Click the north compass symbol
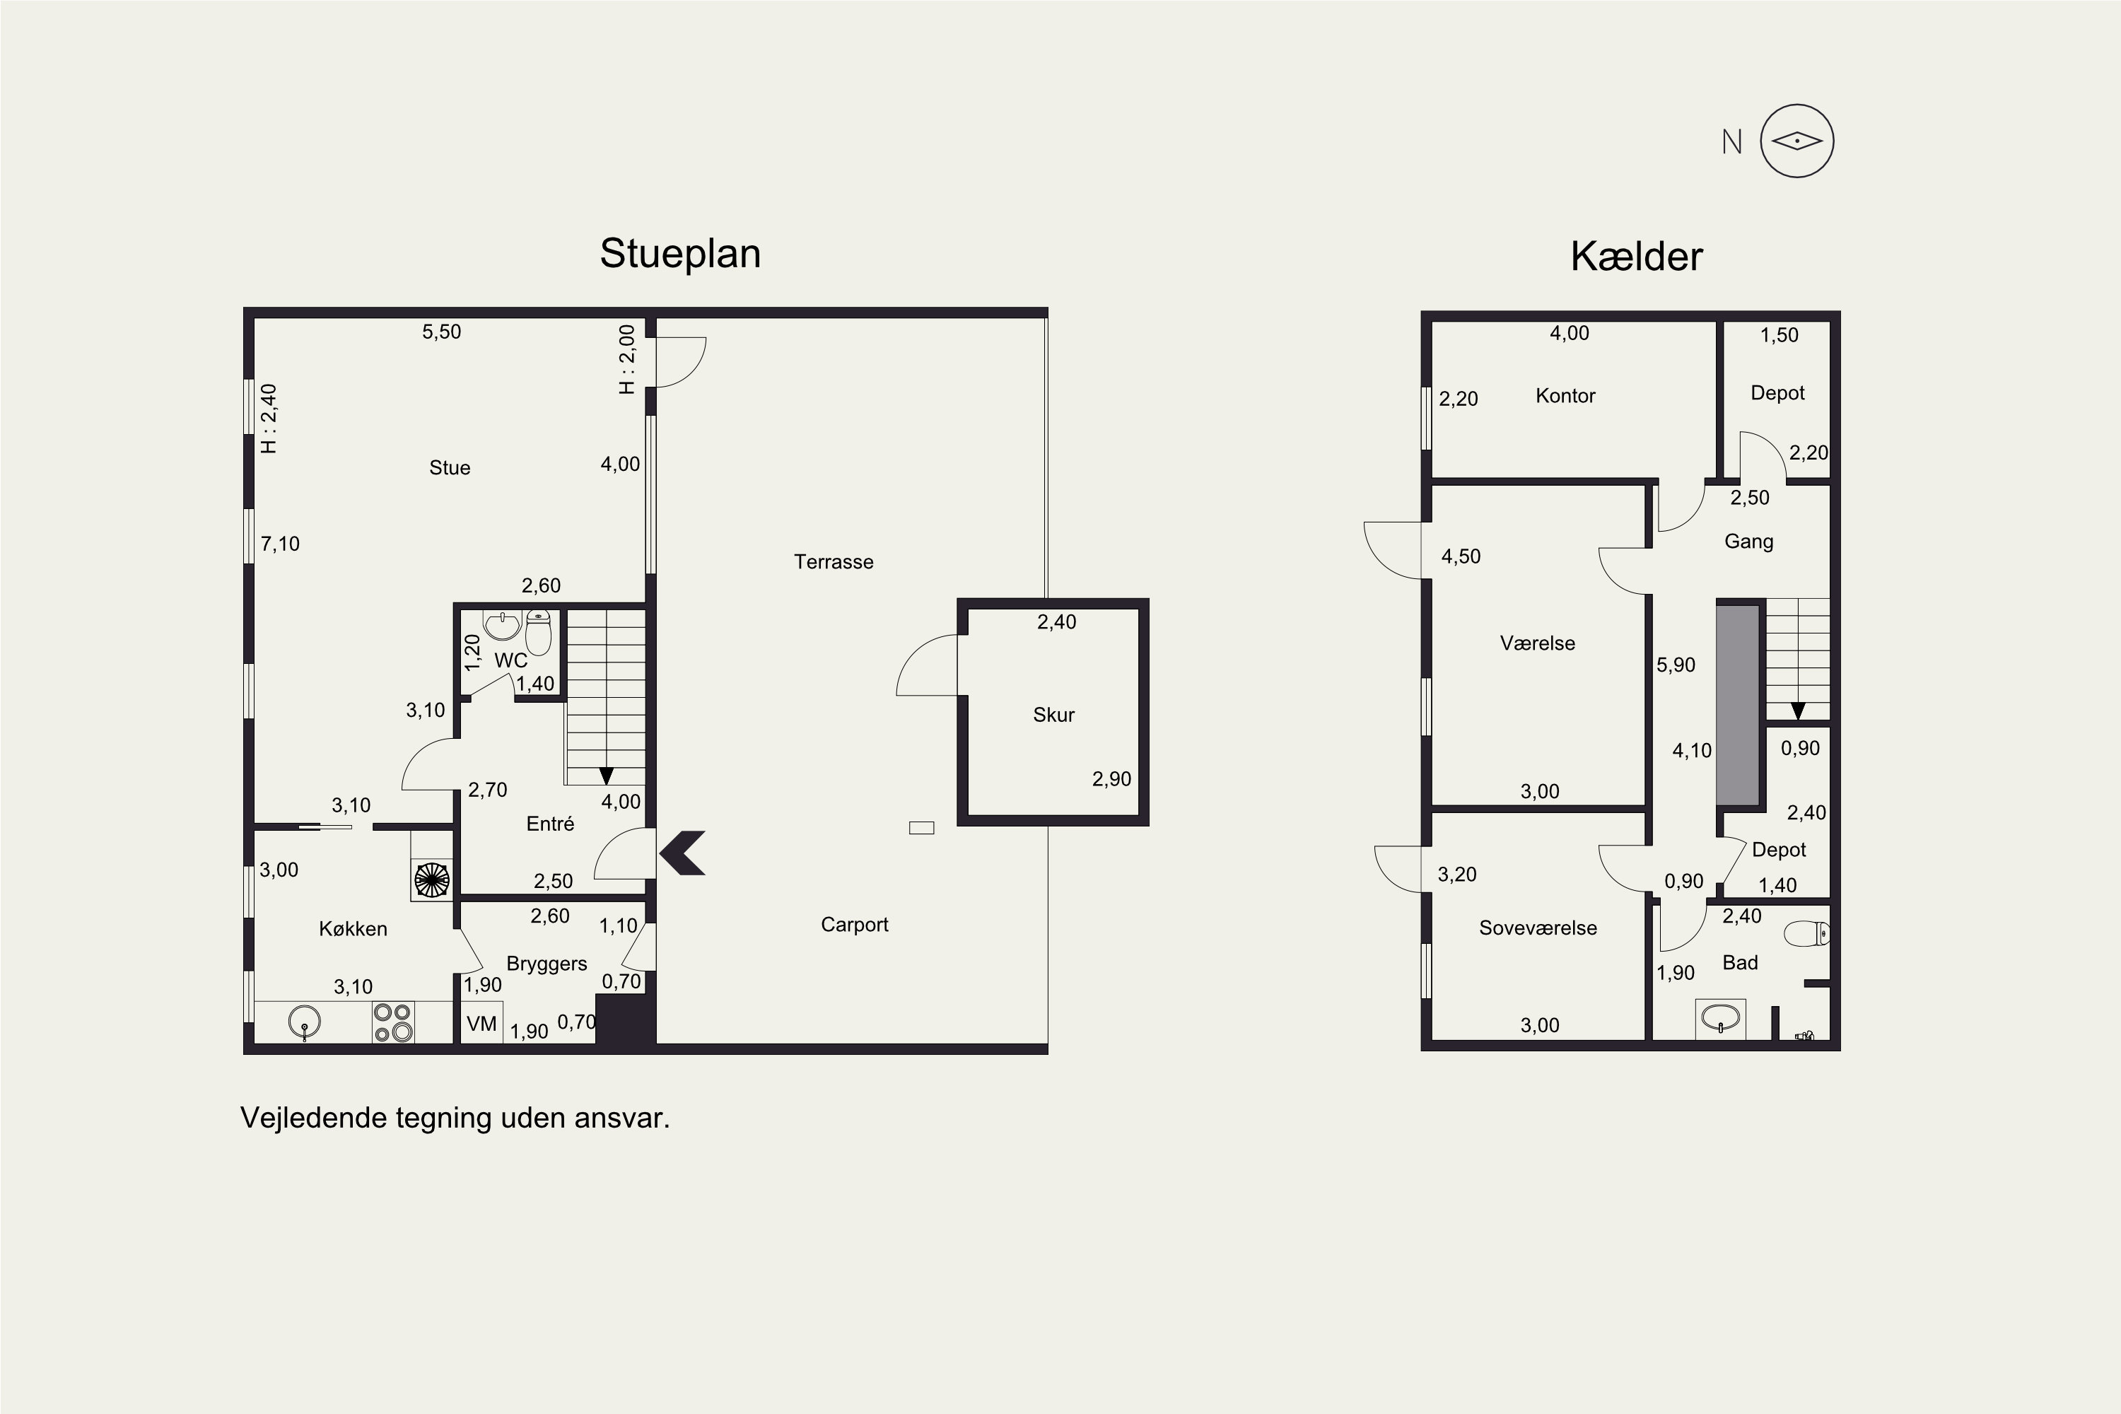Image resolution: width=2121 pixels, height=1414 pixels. [x=1796, y=141]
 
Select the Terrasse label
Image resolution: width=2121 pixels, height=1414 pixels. [x=834, y=562]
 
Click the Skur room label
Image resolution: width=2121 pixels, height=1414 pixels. [x=1053, y=715]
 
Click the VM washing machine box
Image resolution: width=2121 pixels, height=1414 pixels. [x=481, y=1022]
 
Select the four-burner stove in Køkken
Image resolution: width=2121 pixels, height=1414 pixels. [x=393, y=1022]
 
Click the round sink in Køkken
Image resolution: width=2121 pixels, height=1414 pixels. [x=305, y=1022]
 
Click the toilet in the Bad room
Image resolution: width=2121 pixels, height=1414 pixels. [x=1807, y=933]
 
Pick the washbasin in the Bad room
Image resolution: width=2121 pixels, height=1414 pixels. [x=1721, y=1019]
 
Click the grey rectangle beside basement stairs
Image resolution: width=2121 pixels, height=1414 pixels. [x=1738, y=705]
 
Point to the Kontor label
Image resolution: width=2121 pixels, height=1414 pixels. [x=1565, y=396]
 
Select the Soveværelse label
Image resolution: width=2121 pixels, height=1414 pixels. [x=1538, y=928]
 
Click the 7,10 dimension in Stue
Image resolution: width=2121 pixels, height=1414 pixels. [x=281, y=544]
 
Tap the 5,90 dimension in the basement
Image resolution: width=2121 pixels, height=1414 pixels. [x=1676, y=665]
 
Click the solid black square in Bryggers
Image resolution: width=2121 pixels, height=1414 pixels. [x=624, y=1020]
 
